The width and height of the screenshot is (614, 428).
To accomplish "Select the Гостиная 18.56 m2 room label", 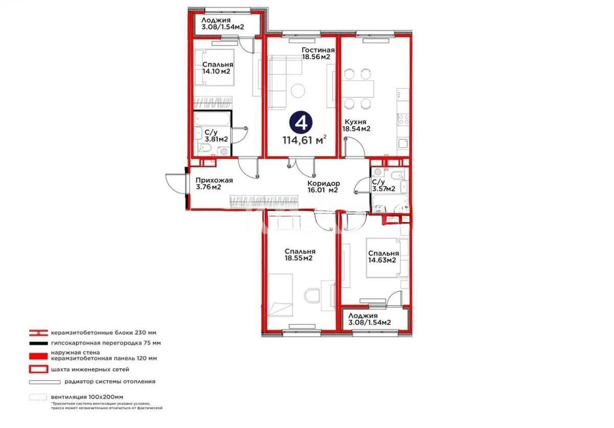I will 318,54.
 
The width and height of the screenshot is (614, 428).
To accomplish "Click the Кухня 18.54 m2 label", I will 357,126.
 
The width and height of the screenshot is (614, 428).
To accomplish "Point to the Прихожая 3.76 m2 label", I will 214,184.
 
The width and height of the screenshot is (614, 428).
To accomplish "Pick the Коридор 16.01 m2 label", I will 323,187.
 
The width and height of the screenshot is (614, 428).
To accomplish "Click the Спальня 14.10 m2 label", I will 217,68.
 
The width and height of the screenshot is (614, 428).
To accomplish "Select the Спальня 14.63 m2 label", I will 383,257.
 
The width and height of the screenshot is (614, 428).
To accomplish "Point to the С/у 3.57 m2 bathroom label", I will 383,186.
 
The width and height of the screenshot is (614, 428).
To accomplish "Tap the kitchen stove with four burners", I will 404,119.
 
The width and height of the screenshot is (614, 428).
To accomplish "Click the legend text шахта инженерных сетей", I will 90,369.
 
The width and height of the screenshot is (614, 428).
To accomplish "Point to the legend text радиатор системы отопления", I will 109,381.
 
